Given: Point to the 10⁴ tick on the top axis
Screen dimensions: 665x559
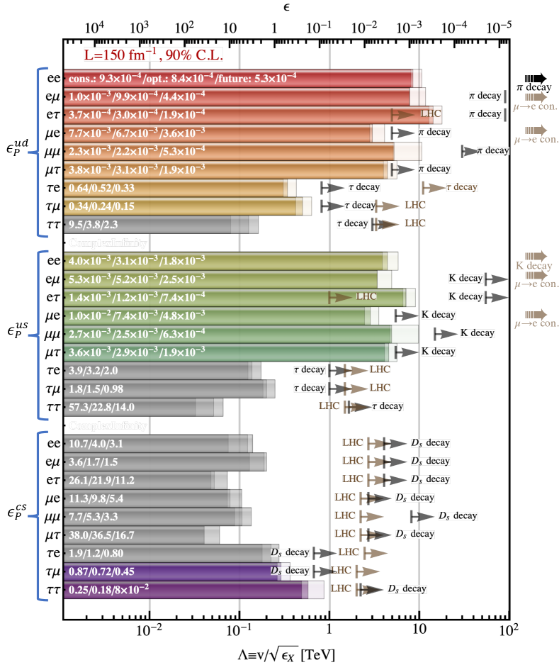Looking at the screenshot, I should [x=94, y=28].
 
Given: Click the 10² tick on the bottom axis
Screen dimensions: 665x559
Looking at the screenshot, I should [x=508, y=627].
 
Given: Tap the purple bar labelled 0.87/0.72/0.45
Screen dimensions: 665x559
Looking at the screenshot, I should [x=170, y=571].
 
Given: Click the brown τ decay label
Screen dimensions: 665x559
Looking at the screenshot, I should [x=461, y=187].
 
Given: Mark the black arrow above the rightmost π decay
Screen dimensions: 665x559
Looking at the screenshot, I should [x=535, y=78].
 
